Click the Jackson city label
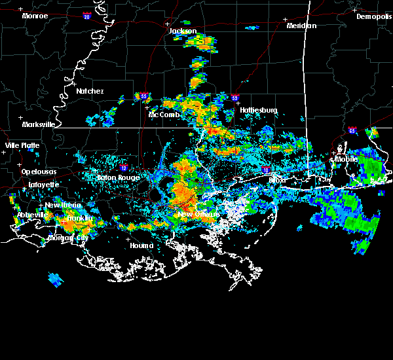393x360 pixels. pos(183,31)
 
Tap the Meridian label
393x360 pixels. pos(301,26)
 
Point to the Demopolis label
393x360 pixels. pos(373,16)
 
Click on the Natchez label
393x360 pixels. pos(90,91)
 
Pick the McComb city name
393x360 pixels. pos(164,115)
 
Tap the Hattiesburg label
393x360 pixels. pos(259,110)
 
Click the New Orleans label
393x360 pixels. pos(198,214)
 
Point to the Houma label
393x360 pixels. pos(141,245)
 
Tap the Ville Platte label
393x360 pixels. pos(22,145)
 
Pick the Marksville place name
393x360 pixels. pos(38,124)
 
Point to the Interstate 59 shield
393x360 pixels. pos(234,98)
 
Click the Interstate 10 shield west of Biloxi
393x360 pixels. pos(265,170)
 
